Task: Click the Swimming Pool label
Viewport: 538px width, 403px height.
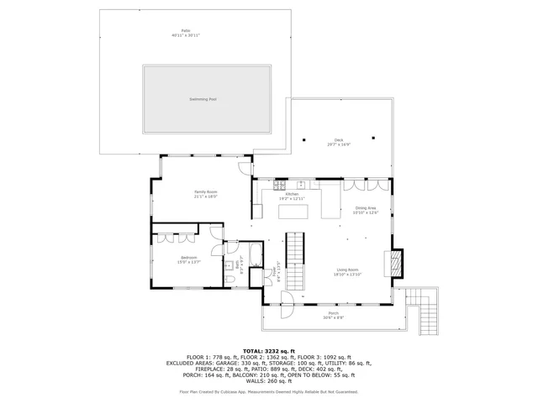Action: tap(203, 99)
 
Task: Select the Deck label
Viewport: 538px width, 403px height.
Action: tap(339, 142)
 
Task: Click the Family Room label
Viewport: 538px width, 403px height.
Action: tap(206, 194)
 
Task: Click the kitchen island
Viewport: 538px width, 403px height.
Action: tap(293, 212)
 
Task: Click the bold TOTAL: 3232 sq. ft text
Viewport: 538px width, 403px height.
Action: tap(269, 350)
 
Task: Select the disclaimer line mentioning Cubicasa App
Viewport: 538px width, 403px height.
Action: tap(269, 391)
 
